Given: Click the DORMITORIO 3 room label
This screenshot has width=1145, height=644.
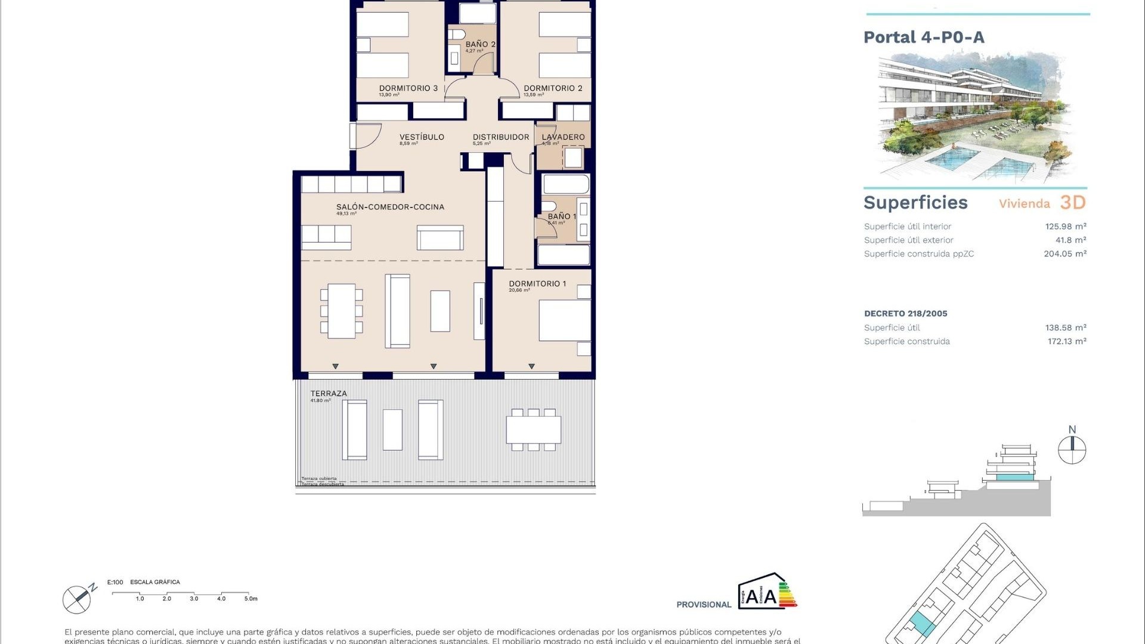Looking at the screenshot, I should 408,88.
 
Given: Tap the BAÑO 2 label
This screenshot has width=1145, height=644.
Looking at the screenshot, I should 480,44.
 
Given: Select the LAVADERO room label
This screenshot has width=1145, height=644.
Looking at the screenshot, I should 563,137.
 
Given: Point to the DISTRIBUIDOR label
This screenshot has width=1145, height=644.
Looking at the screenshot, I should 501,137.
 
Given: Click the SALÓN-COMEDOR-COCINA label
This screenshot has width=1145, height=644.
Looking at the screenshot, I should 390,207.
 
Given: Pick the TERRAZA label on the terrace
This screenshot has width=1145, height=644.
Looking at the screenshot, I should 328,394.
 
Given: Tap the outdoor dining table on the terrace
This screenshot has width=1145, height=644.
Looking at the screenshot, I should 533,429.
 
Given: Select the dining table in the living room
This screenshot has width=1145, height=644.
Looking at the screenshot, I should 341,311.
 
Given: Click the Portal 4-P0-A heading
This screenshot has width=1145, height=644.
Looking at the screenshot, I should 924,38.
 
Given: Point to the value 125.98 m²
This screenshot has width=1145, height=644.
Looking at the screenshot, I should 1065,227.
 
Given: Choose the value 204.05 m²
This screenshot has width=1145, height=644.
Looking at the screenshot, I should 1064,254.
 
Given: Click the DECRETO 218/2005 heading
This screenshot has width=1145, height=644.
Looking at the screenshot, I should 905,314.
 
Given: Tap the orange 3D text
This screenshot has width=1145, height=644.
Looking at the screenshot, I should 1073,203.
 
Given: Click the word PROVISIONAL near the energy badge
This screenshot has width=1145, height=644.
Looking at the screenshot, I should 704,605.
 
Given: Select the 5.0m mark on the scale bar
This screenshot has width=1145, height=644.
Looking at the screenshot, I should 250,599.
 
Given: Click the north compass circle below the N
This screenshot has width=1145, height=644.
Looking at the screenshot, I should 1072,450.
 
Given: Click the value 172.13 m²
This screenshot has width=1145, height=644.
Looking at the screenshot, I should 1066,342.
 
